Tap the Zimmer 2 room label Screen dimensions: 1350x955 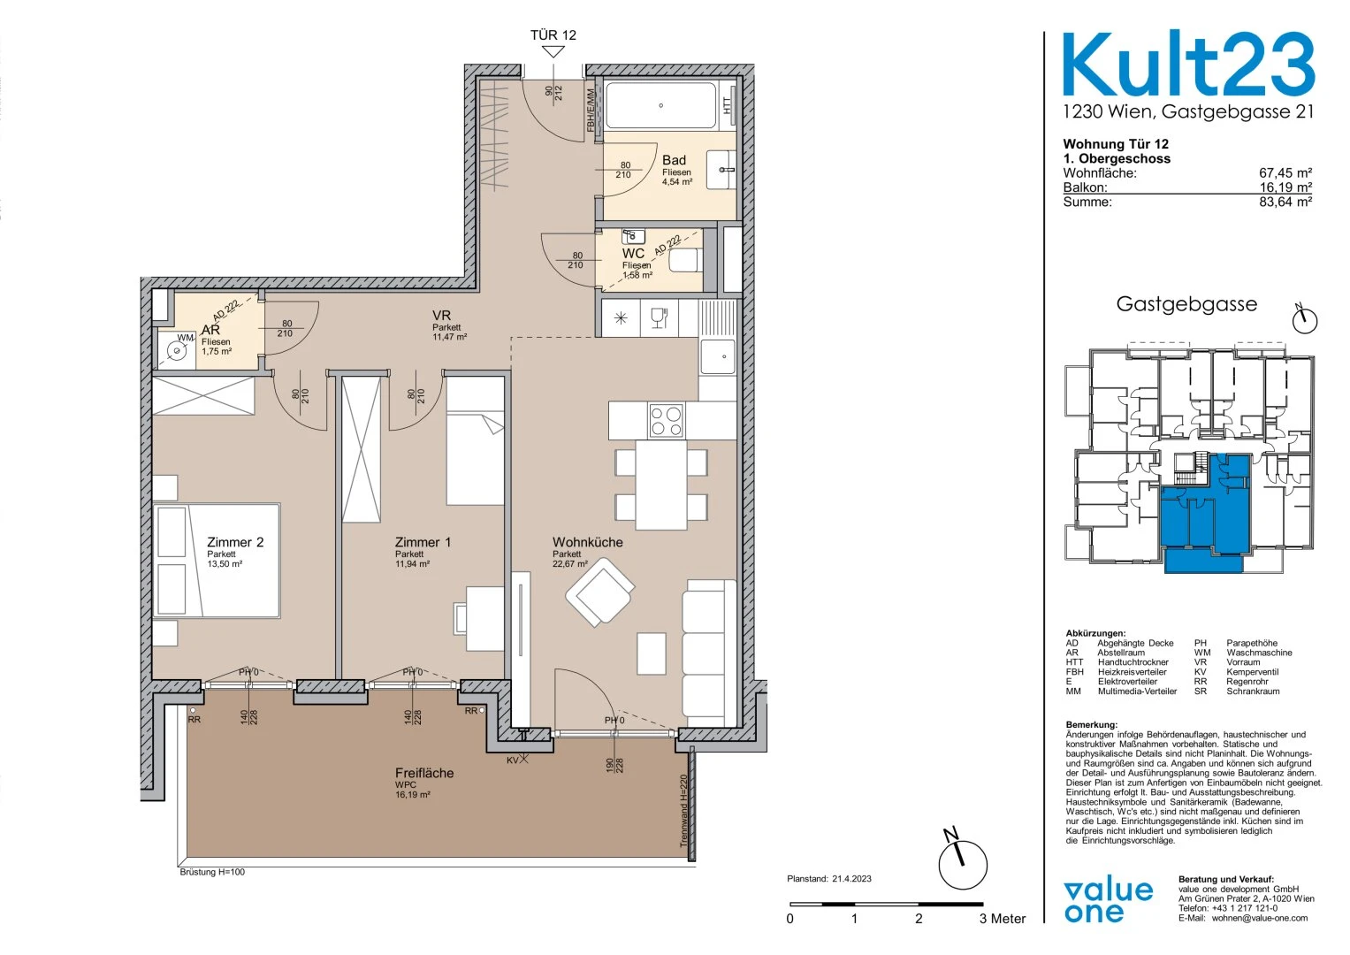(x=235, y=542)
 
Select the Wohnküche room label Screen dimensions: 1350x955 (x=588, y=542)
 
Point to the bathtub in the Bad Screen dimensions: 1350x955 (x=661, y=105)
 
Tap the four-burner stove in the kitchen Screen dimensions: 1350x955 (x=666, y=420)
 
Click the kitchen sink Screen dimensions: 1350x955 (x=718, y=356)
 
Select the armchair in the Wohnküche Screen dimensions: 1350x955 (x=599, y=592)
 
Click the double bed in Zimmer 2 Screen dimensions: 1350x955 (x=217, y=561)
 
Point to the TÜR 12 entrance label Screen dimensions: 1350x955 (x=553, y=35)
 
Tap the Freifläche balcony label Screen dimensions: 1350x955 (x=424, y=773)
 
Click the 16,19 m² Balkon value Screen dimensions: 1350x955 (x=1285, y=187)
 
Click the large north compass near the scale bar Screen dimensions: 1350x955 (x=963, y=862)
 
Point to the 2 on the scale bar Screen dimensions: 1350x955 (x=919, y=920)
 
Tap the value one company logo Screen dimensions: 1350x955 (x=1109, y=902)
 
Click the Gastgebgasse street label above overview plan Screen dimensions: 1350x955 (x=1186, y=304)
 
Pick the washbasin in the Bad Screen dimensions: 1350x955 (x=721, y=170)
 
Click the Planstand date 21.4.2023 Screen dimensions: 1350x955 (x=851, y=879)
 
